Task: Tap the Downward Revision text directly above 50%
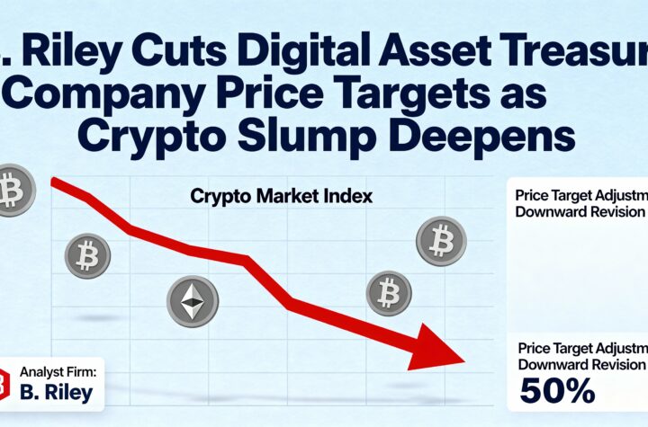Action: click(x=581, y=364)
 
